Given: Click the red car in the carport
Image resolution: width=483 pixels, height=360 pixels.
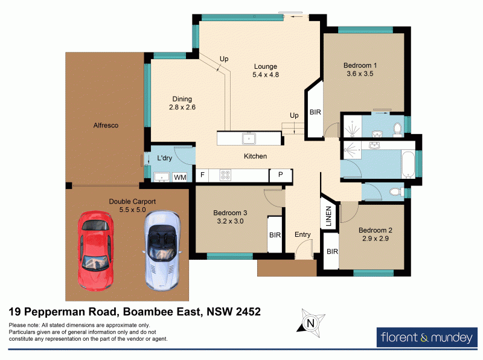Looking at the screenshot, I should pyautogui.click(x=95, y=248).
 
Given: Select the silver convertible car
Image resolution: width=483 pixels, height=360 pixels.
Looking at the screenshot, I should pyautogui.click(x=160, y=249).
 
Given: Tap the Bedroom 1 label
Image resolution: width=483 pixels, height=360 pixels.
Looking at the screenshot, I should pyautogui.click(x=360, y=65).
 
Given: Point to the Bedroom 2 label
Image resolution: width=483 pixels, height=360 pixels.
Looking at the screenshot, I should pyautogui.click(x=376, y=230).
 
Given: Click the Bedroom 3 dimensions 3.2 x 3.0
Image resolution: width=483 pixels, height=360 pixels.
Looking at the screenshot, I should pyautogui.click(x=230, y=221).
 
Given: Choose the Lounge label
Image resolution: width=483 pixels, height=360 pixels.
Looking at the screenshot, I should pyautogui.click(x=265, y=66).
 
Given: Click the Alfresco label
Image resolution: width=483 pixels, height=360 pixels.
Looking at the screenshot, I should pyautogui.click(x=106, y=126).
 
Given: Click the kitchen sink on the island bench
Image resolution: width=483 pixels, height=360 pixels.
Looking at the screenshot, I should pyautogui.click(x=248, y=139).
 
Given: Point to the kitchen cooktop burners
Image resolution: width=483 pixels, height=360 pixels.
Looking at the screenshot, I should pyautogui.click(x=226, y=176).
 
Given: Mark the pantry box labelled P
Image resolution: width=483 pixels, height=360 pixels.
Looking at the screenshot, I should pyautogui.click(x=280, y=176).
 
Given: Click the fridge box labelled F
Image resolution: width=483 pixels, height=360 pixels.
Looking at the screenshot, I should pyautogui.click(x=202, y=176).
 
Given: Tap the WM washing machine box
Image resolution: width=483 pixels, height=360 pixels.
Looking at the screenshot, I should pyautogui.click(x=179, y=178).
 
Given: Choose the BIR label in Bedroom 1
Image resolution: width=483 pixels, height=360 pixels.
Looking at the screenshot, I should pyautogui.click(x=315, y=112).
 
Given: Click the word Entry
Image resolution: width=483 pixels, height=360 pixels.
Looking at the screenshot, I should pyautogui.click(x=302, y=234).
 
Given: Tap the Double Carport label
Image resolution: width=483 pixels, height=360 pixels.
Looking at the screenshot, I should pyautogui.click(x=132, y=201).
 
